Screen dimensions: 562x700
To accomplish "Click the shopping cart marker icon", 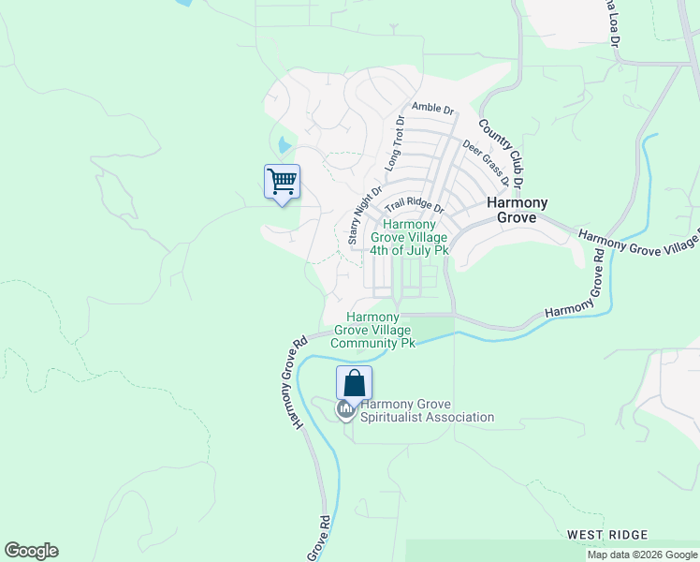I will (x=282, y=182).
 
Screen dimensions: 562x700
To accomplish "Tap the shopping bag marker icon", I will (x=355, y=383).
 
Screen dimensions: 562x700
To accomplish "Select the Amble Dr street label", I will (x=431, y=109).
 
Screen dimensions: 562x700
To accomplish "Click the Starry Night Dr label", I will (x=365, y=215).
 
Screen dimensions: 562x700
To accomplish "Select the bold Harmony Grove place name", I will (x=517, y=210).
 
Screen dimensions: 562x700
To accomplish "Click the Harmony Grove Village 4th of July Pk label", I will (x=409, y=238).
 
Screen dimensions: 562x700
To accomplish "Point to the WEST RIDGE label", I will (x=606, y=535).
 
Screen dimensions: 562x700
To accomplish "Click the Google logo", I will (x=31, y=551).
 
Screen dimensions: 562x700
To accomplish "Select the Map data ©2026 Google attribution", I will (x=642, y=555).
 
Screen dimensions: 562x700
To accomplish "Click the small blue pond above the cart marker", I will (x=284, y=145).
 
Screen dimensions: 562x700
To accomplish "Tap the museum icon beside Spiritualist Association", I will (x=345, y=409).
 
